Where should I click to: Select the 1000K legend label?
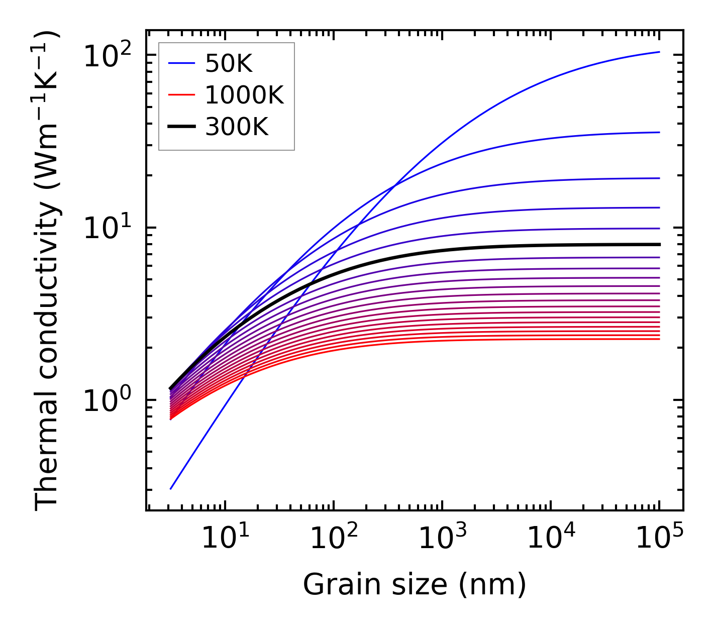[244, 95]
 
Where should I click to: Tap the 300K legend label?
[237, 128]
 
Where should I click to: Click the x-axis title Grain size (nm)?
[415, 585]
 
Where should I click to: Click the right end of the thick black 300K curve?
[659, 245]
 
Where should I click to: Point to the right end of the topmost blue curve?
[659, 52]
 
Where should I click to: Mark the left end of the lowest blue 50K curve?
[171, 489]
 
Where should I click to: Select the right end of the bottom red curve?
[659, 339]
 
